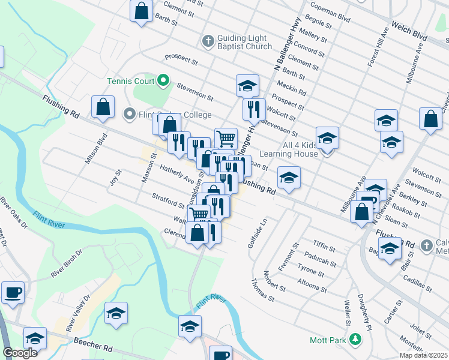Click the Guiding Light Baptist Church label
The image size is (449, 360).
pos(243,42)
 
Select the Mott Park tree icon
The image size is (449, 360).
pos(355,340)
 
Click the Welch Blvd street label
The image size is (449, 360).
pos(409,31)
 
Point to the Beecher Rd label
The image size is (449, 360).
pos(94,344)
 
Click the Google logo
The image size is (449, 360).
pos(20,353)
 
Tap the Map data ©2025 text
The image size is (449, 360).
pos(423,355)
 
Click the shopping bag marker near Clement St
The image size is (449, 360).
pos(141,11)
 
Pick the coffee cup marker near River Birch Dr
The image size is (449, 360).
pos(13,293)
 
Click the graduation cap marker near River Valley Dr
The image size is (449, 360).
pos(116,313)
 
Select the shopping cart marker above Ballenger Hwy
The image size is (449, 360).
pos(226,139)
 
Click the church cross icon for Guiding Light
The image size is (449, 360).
pos(208,41)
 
